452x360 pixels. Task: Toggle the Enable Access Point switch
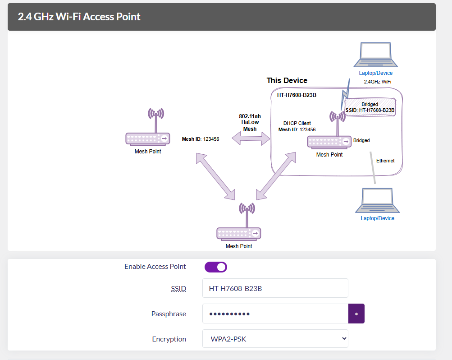click(216, 267)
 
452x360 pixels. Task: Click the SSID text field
click(275, 288)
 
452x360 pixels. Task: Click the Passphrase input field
click(275, 314)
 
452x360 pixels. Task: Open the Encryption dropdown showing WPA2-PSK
click(275, 339)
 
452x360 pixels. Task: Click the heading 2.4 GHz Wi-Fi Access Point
click(79, 17)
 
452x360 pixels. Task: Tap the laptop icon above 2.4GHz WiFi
click(375, 55)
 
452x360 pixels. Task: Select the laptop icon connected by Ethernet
click(377, 201)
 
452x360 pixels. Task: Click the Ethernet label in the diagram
click(385, 161)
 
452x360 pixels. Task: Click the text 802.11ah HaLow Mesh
click(250, 123)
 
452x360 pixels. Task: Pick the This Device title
click(287, 81)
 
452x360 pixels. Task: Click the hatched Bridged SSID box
click(370, 107)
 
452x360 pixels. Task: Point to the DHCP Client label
click(297, 123)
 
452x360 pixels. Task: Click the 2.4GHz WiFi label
click(377, 82)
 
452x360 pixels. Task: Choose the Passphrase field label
click(169, 314)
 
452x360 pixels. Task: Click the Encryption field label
click(169, 339)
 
